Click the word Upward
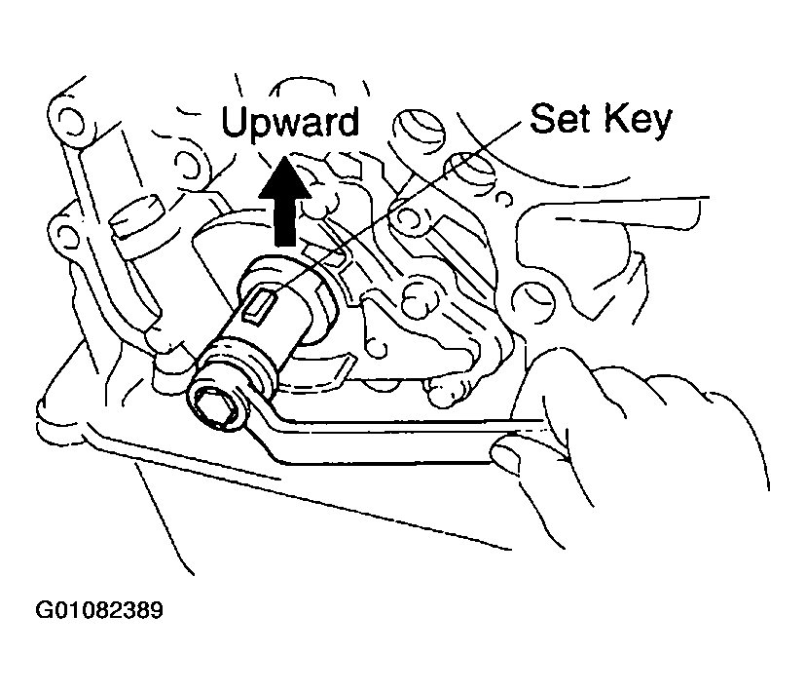coord(290,124)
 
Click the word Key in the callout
coord(638,121)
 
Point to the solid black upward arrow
coord(285,201)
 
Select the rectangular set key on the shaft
coord(258,306)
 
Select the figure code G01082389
coord(99,610)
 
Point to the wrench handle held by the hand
coord(390,442)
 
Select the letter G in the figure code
coord(44,610)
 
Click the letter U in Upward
coord(236,122)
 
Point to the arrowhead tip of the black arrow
coord(285,155)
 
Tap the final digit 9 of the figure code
coord(156,610)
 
